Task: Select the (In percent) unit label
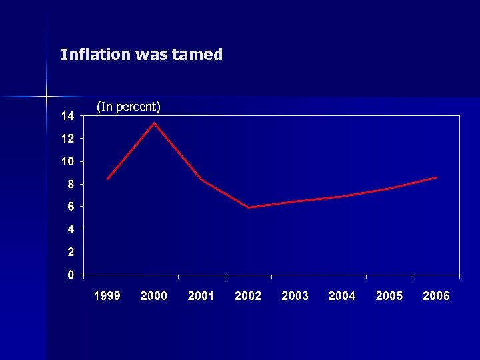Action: pos(129,106)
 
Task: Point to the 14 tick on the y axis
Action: pos(68,116)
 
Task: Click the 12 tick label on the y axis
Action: pos(68,139)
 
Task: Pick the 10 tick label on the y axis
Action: pos(68,161)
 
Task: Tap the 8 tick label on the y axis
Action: pos(71,184)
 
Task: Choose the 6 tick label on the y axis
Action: pos(71,207)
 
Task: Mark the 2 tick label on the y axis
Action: pos(71,252)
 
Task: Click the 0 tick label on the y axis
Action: pos(71,275)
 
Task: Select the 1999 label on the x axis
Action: pos(107,296)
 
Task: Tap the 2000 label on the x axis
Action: pos(154,296)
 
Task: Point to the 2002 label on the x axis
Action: pos(248,296)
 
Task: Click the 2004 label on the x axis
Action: pos(342,296)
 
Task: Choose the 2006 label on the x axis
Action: pos(436,296)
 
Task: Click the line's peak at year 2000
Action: pos(155,123)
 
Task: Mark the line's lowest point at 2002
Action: pos(249,207)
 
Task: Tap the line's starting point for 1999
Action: pos(107,179)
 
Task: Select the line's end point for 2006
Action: pos(436,177)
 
